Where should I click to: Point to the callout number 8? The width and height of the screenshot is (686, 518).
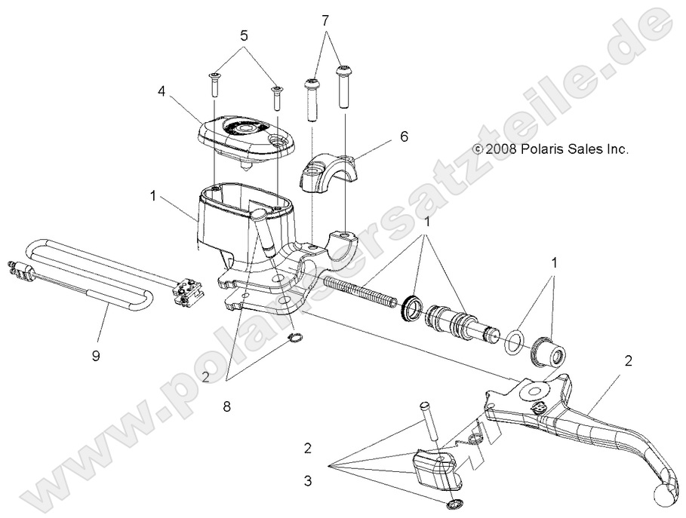227,406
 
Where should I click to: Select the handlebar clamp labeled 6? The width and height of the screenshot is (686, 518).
331,173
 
